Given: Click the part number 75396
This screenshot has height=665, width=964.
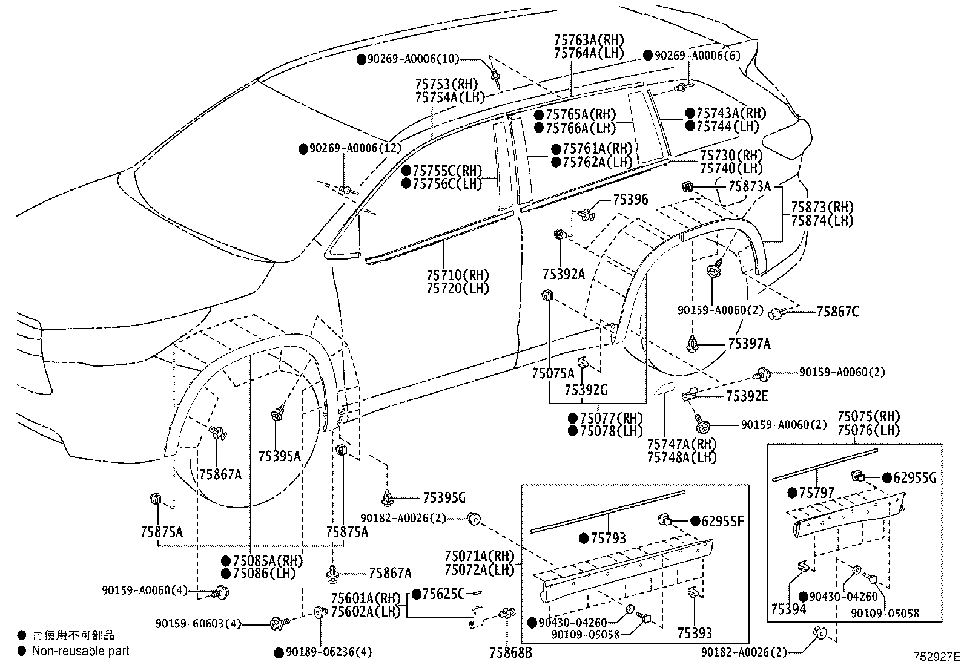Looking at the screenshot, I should pyautogui.click(x=630, y=199).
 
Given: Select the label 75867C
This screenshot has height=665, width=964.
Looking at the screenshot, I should pyautogui.click(x=837, y=312).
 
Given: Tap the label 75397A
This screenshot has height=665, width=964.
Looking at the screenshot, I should pyautogui.click(x=749, y=344).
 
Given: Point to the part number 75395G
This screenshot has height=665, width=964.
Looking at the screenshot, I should pyautogui.click(x=444, y=498).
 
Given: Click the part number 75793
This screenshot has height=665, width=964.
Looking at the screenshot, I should pyautogui.click(x=609, y=538).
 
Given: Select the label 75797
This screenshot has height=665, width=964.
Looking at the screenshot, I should pyautogui.click(x=817, y=493).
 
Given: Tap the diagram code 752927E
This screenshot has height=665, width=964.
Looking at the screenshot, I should pyautogui.click(x=937, y=656).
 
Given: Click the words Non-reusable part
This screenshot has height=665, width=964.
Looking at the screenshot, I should pyautogui.click(x=81, y=651).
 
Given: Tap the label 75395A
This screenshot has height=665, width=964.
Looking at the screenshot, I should pyautogui.click(x=279, y=456).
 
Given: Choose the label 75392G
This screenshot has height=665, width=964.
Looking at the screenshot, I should pyautogui.click(x=585, y=391).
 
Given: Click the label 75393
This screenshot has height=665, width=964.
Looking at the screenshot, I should pyautogui.click(x=695, y=633).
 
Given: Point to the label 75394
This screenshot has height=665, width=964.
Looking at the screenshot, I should pyautogui.click(x=788, y=609).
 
